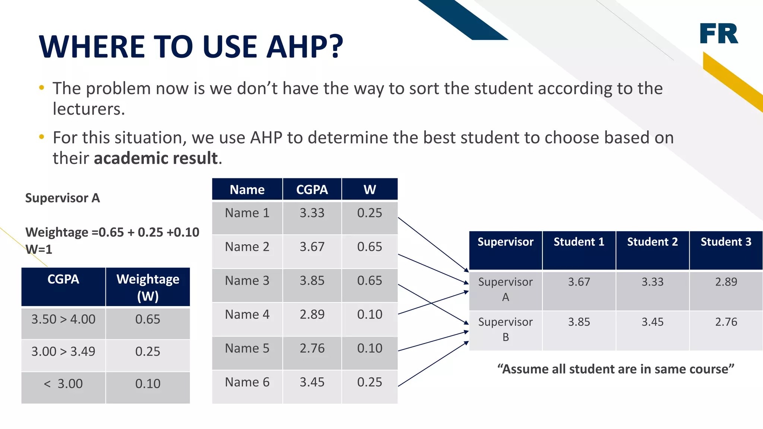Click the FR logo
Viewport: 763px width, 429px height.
[x=719, y=34]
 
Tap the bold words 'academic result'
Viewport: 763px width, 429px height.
[x=155, y=158]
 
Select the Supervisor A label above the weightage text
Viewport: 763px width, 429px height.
[x=62, y=198]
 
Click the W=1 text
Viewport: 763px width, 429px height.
[x=39, y=249]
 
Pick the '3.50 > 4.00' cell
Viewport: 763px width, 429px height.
[x=63, y=320]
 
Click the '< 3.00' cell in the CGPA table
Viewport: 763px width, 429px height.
[x=63, y=384]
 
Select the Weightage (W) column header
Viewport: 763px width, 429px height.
[x=148, y=287]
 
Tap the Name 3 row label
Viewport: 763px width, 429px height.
[x=247, y=281]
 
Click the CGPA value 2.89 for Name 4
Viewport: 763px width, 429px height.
[x=312, y=315]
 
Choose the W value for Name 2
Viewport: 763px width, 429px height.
[x=369, y=247]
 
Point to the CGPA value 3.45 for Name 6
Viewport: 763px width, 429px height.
[x=312, y=382]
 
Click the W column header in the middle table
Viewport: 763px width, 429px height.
[x=369, y=190]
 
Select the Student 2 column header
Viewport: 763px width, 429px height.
[x=652, y=242]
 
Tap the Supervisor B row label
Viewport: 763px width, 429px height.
[x=505, y=329]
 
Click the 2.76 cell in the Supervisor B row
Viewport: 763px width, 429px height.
[x=726, y=322]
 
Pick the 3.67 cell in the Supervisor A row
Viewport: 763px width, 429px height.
[x=579, y=282]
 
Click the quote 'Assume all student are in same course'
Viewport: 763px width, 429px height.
[x=615, y=369]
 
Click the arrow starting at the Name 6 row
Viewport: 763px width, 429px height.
[x=432, y=365]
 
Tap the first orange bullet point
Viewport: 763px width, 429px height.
[x=41, y=88]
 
